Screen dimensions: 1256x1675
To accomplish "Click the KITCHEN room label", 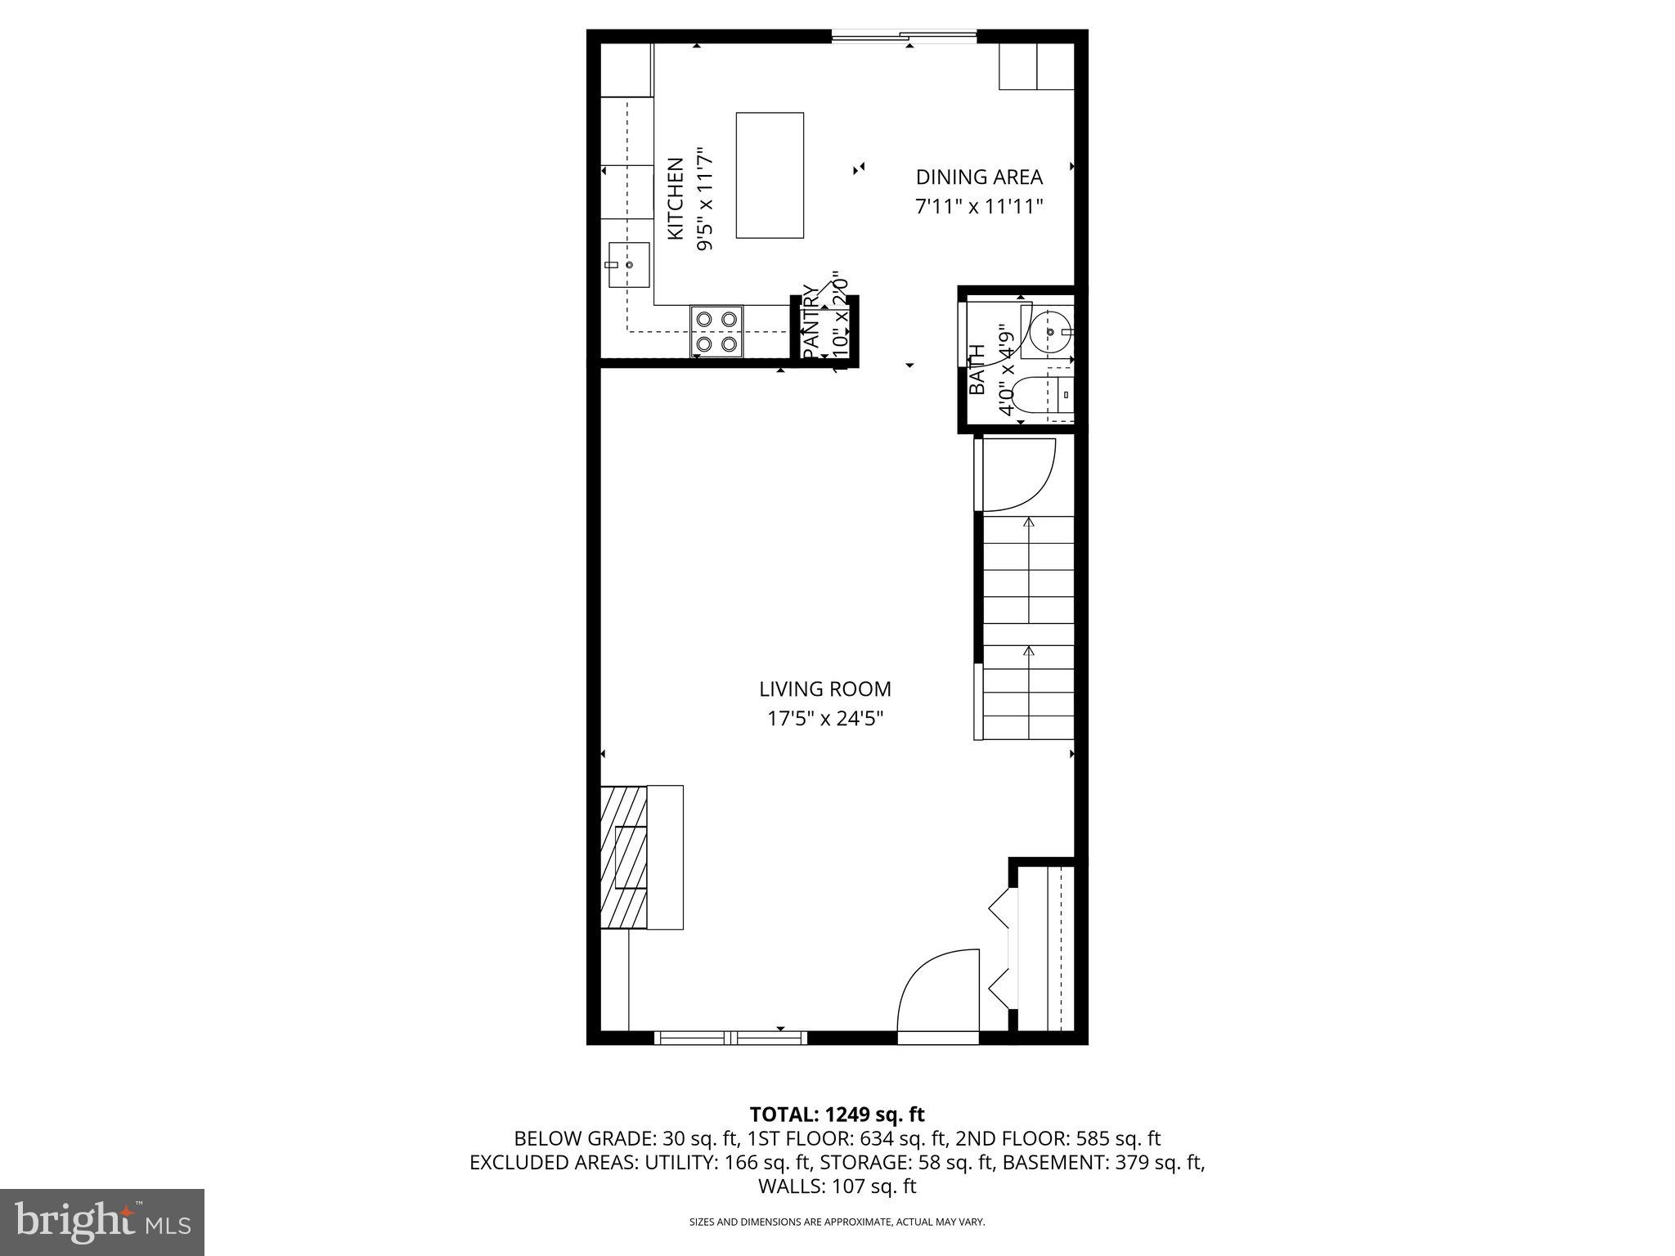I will click(676, 199).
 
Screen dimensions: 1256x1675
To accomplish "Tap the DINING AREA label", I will click(978, 177).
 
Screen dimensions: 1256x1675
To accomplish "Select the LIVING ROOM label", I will click(824, 689).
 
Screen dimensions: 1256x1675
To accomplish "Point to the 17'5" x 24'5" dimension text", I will click(824, 719).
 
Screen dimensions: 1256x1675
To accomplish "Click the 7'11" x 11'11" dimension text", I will click(978, 206).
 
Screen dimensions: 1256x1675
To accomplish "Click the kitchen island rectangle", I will click(769, 175).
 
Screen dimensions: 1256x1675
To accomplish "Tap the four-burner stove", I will click(716, 331).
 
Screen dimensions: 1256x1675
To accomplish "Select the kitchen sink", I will click(628, 265).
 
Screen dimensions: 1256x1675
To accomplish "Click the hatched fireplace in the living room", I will click(623, 856).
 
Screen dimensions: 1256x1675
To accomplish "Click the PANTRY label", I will click(810, 321).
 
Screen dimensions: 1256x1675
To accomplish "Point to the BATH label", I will click(977, 370).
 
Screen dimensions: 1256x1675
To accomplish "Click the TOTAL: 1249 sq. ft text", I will click(836, 1114).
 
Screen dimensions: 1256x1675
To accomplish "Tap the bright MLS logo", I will click(101, 1222).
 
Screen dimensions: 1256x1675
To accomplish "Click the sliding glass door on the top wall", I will click(904, 36).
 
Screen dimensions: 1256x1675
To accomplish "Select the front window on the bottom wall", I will click(730, 1038).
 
